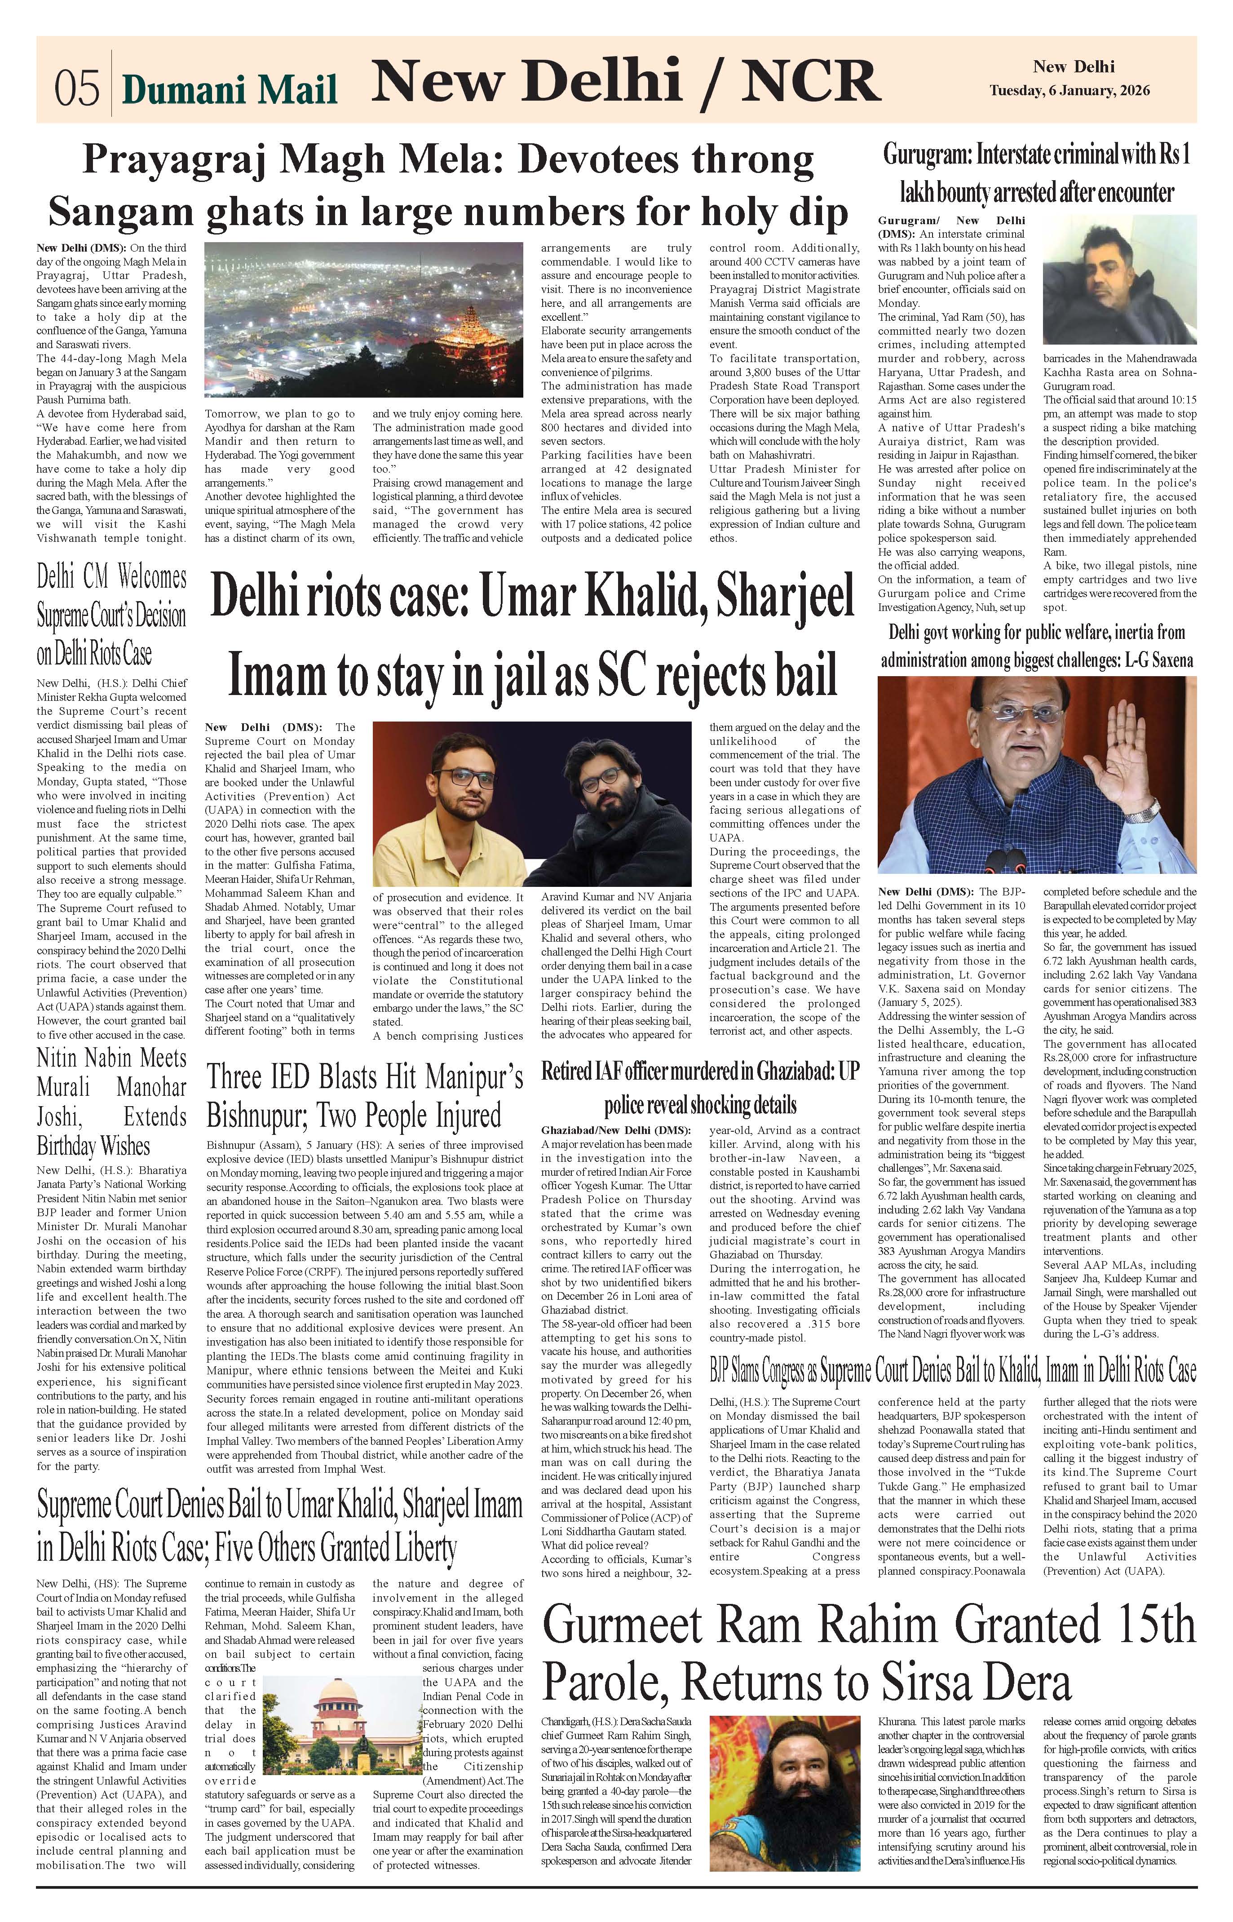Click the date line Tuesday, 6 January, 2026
[1069, 90]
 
